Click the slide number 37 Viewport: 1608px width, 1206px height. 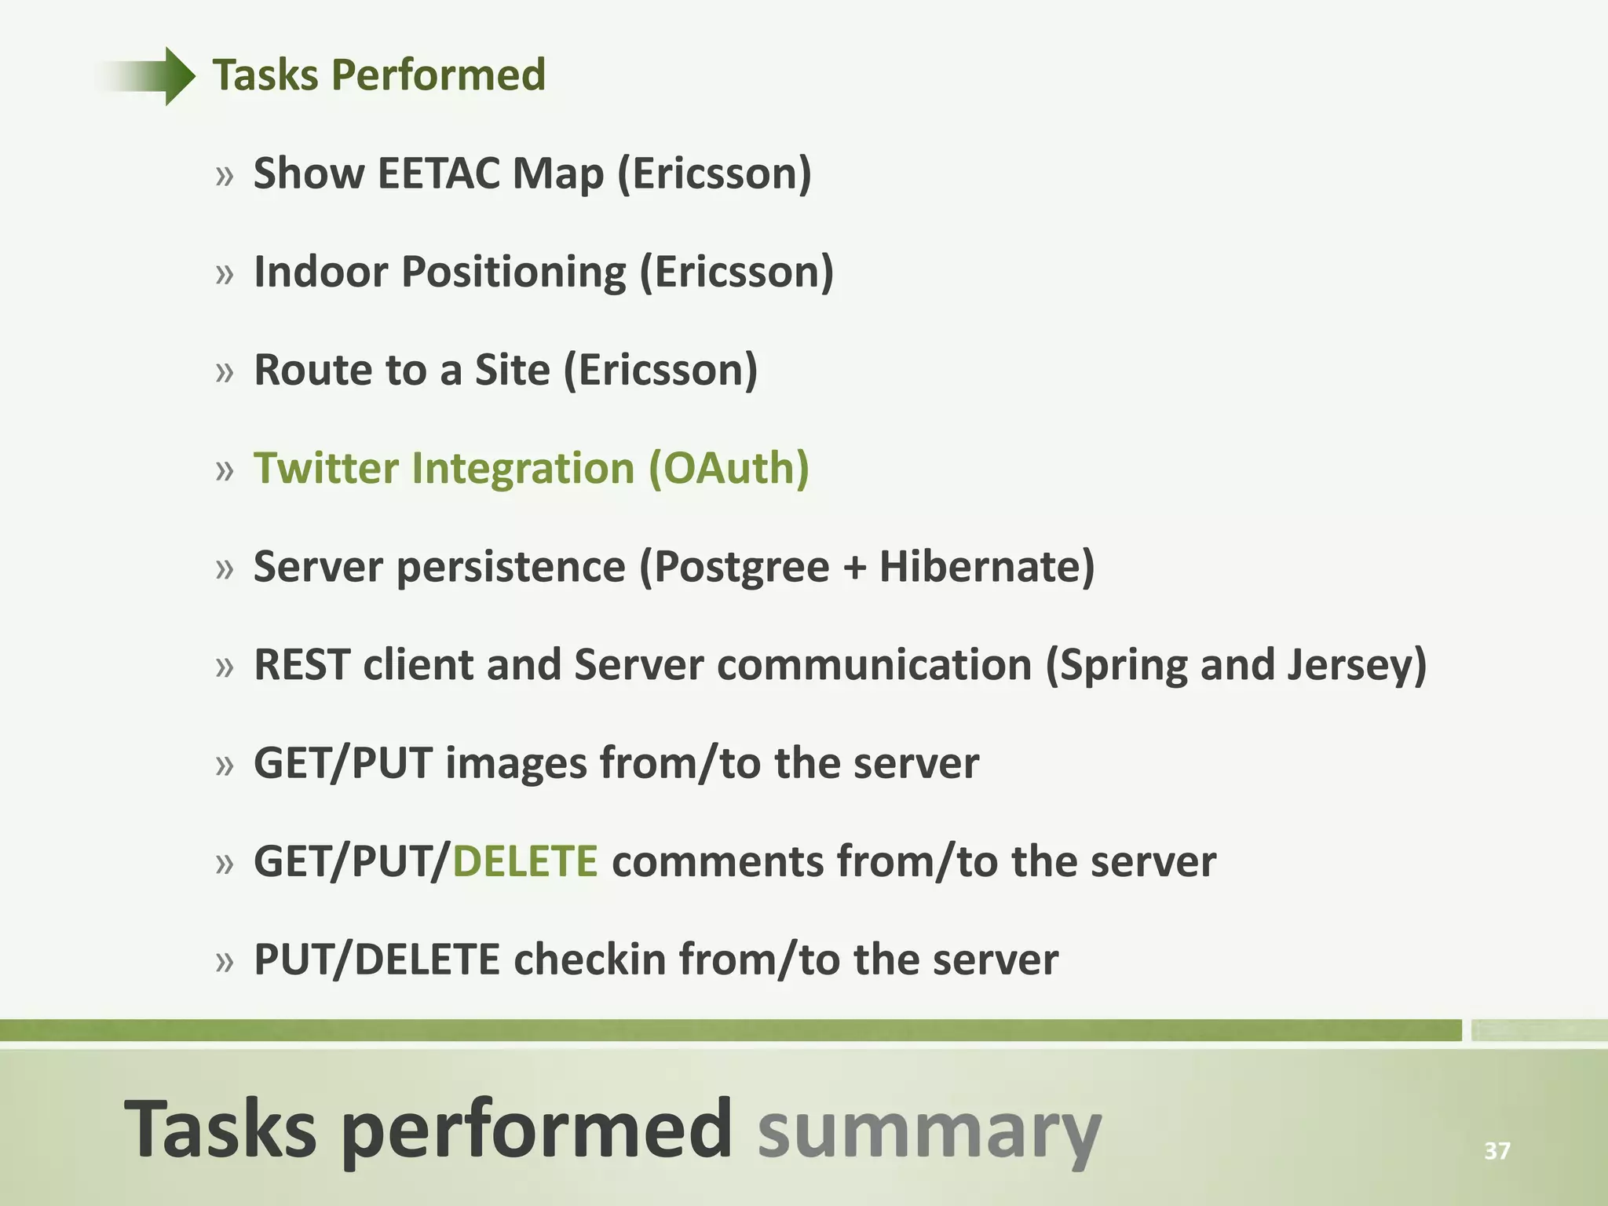[1497, 1151]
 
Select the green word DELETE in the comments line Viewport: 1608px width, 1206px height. [525, 861]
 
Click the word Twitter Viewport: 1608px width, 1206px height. [326, 469]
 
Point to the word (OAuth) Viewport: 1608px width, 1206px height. [729, 469]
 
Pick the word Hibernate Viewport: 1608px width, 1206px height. [985, 567]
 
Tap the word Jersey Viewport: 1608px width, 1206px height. [1356, 665]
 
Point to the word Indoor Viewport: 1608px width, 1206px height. [321, 272]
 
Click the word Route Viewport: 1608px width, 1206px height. [312, 370]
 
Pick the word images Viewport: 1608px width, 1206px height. [516, 763]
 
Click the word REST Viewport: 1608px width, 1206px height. [301, 665]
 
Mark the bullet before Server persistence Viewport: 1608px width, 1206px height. [225, 568]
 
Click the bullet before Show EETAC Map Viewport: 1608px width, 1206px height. [225, 176]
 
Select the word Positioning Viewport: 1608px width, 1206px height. [513, 272]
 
